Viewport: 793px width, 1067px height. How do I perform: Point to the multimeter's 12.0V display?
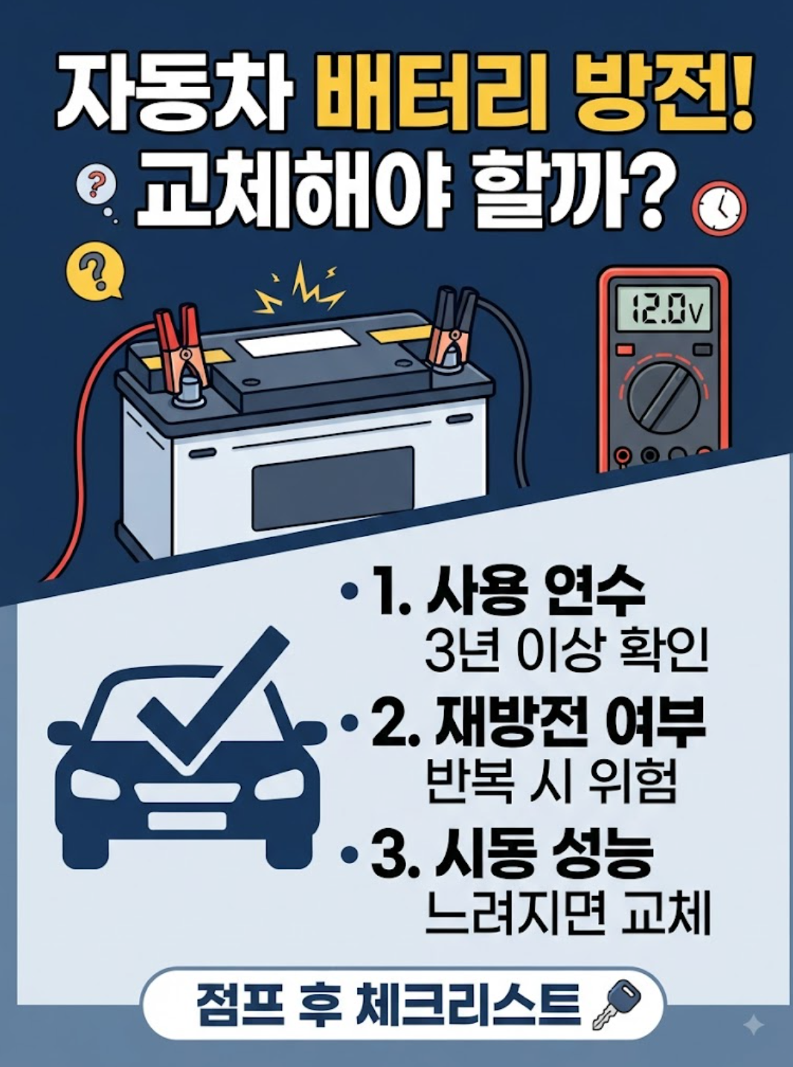663,308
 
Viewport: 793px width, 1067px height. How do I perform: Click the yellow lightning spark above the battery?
299,289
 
